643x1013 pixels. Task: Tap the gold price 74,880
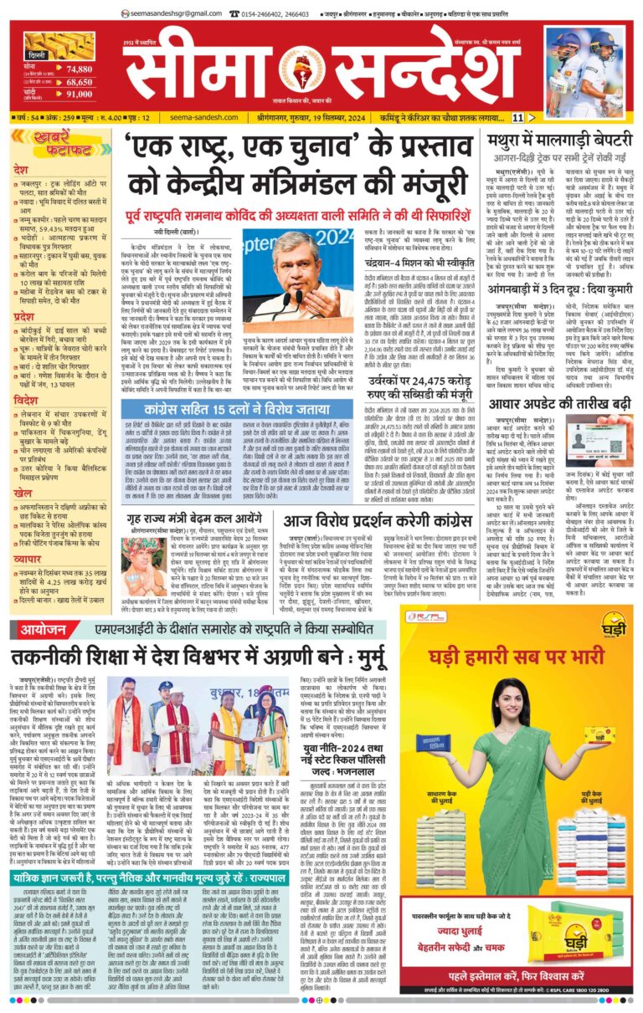[80, 69]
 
